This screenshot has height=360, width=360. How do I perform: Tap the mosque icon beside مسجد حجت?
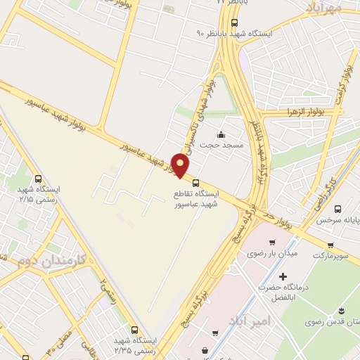pos(221,134)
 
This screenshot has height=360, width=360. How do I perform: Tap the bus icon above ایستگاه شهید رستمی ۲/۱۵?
pos(37,179)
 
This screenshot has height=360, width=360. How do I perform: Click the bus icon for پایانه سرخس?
pos(338,210)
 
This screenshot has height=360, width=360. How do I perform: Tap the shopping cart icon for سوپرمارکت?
pos(330,245)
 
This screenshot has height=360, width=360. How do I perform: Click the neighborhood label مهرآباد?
pos(323,7)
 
